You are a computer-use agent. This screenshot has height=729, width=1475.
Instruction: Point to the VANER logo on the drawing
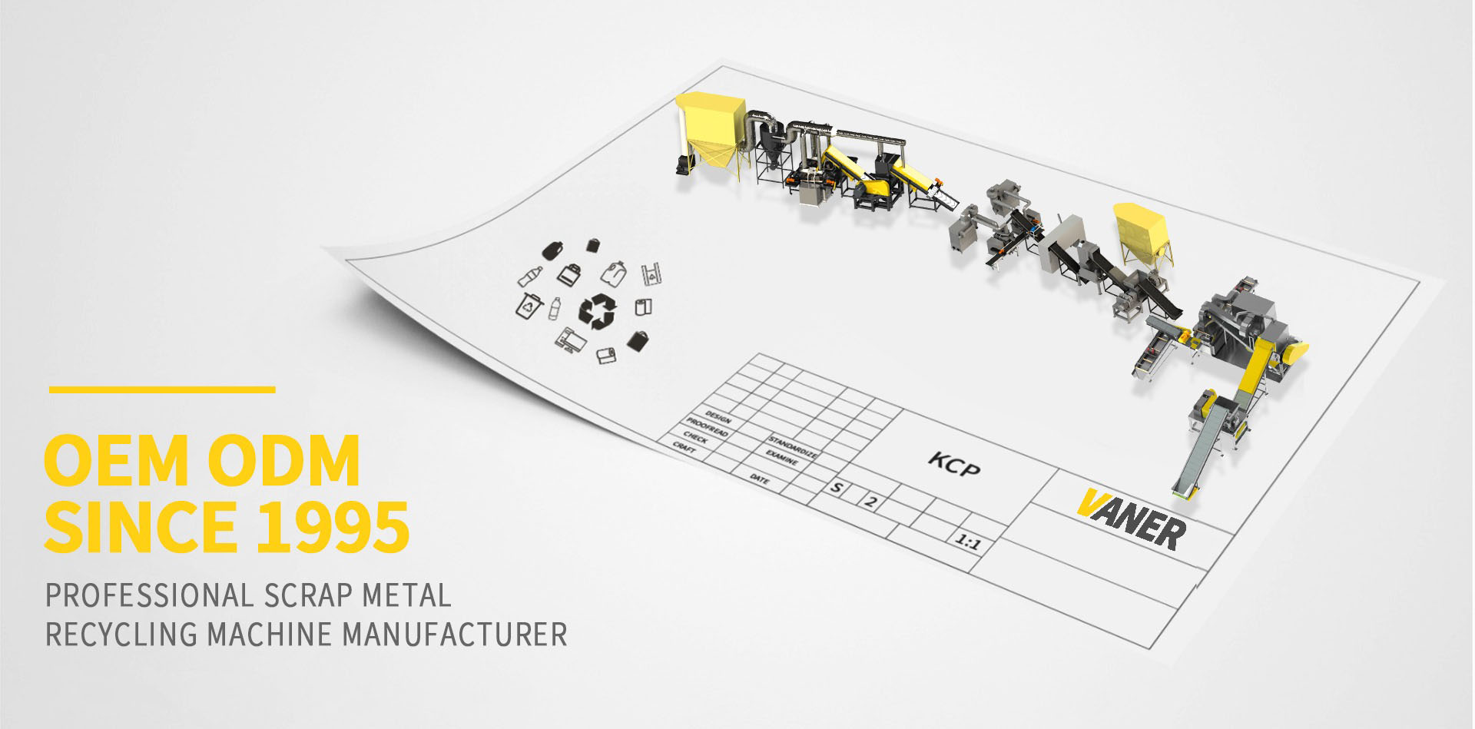(1131, 519)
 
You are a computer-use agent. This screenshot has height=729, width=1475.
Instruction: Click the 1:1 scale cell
(967, 543)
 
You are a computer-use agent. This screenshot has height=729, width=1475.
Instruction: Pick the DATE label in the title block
(758, 479)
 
